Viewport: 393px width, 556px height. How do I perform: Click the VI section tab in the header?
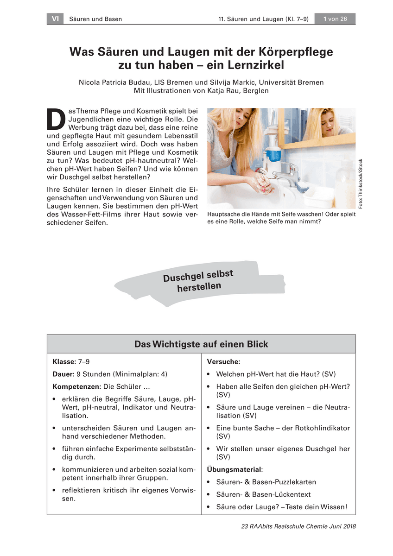[55, 19]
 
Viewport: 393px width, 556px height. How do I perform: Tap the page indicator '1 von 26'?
[335, 19]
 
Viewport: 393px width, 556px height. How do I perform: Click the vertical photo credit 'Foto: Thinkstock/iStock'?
[361, 183]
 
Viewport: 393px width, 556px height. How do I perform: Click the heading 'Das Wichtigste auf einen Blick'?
[201, 344]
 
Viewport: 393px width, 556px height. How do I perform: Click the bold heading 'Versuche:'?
[223, 361]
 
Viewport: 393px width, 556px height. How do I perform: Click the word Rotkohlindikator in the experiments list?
[321, 428]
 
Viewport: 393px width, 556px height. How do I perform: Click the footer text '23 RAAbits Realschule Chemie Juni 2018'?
[298, 526]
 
